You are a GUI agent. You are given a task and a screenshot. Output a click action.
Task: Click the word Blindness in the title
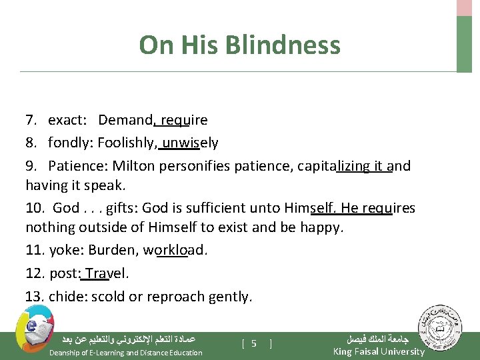pyautogui.click(x=283, y=45)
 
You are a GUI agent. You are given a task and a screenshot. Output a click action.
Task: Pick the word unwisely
pyautogui.click(x=190, y=143)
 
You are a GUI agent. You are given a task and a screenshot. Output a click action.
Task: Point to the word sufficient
pyautogui.click(x=210, y=208)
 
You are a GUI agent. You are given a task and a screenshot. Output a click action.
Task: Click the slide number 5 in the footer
pyautogui.click(x=255, y=343)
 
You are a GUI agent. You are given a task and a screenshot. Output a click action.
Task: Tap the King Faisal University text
pyautogui.click(x=379, y=351)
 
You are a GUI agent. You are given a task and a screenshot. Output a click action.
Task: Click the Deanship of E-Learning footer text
pyautogui.click(x=126, y=353)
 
